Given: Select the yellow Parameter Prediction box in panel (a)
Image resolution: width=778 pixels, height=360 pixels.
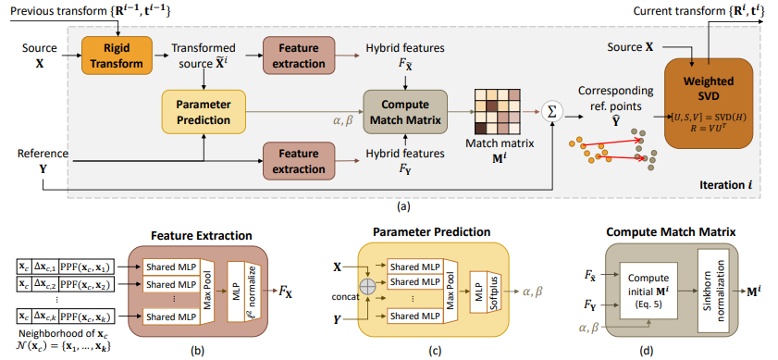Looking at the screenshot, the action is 204,112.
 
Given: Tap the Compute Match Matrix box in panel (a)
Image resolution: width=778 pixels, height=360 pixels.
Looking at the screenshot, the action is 405,112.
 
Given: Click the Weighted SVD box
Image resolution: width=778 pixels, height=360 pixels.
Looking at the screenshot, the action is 709,104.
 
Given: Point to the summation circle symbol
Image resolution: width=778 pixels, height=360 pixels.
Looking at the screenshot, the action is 552,112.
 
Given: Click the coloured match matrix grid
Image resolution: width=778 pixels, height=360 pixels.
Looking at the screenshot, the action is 498,112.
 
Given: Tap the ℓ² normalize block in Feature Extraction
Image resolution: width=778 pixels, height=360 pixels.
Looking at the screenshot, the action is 252,290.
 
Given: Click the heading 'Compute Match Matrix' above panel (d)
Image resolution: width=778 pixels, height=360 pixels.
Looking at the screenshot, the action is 673,232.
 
